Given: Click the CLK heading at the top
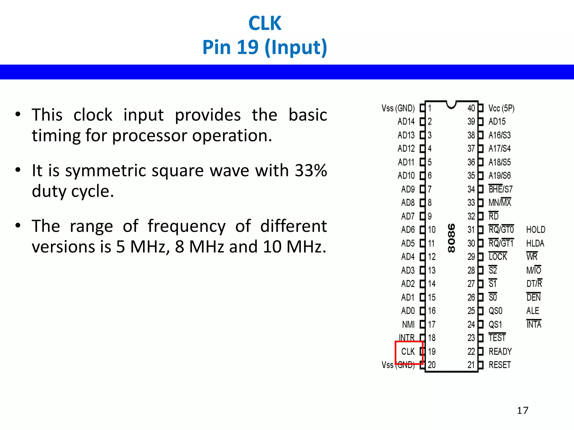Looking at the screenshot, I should (265, 23).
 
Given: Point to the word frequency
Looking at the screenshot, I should (186, 226).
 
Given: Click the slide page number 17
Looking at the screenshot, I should (522, 410).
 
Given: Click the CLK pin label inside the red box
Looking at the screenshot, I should (408, 351).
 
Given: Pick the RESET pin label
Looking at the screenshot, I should (500, 365).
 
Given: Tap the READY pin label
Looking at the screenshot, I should (500, 351).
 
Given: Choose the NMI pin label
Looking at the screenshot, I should (408, 324).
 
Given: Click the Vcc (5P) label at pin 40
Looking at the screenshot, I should (501, 108).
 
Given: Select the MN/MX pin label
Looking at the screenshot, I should (500, 202).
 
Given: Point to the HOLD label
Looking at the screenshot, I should (536, 230).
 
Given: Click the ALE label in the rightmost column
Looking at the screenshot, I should (533, 311).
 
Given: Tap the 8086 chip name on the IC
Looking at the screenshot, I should (451, 238).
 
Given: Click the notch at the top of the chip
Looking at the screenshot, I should (451, 105).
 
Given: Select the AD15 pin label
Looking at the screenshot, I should (497, 121).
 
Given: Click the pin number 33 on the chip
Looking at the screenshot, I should (471, 202).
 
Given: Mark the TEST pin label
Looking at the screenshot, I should (497, 338).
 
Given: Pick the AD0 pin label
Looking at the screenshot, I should (408, 311).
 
